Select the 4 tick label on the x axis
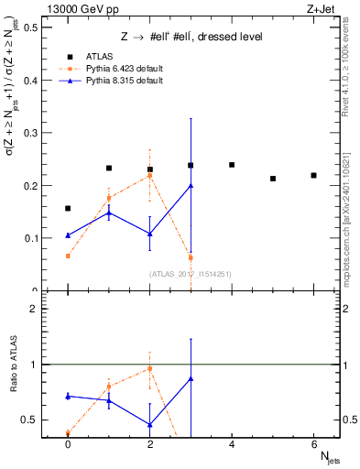[x=232, y=445]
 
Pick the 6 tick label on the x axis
[x=313, y=445]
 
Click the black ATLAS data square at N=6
[x=313, y=175]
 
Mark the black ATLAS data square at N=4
[x=232, y=165]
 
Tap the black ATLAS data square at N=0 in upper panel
[x=68, y=208]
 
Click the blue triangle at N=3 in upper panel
[x=191, y=185]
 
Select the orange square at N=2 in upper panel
[x=149, y=175]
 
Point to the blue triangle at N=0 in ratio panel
[x=68, y=396]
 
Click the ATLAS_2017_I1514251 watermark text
[x=190, y=273]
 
